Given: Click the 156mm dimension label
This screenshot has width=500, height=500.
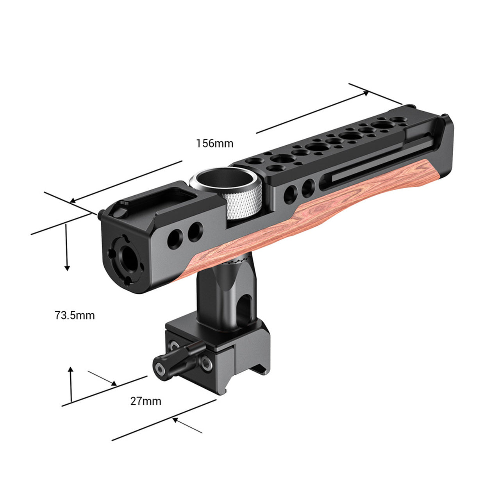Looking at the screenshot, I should click(214, 143).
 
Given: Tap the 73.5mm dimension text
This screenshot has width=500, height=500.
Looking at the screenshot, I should click(75, 315).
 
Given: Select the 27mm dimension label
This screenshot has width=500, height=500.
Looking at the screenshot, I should click(146, 401).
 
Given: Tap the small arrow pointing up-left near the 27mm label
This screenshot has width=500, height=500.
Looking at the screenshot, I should click(176, 420).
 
